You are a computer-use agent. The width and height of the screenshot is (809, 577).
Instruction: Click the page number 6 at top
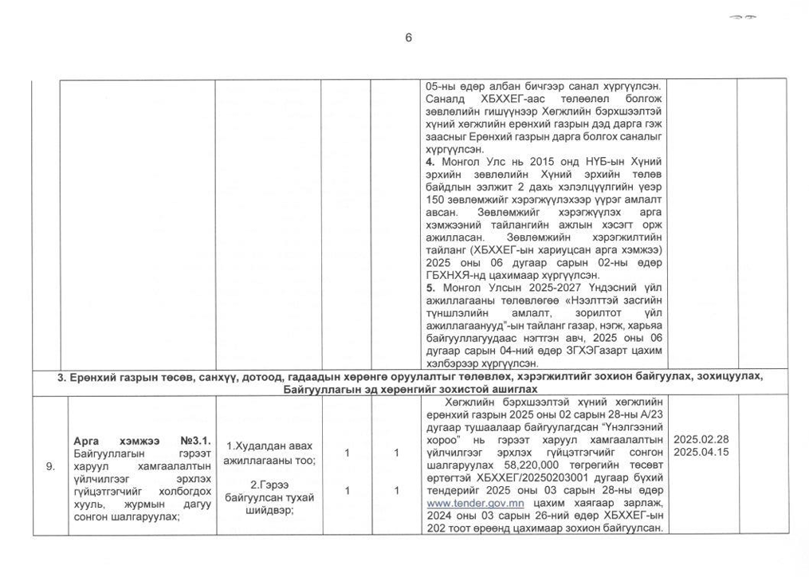click(408, 37)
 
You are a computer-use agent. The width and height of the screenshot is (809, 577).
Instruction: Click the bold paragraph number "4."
click(430, 161)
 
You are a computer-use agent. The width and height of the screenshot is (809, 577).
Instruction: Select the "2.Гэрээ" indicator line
click(270, 484)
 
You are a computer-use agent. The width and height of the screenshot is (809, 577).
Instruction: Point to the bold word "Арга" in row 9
click(84, 439)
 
